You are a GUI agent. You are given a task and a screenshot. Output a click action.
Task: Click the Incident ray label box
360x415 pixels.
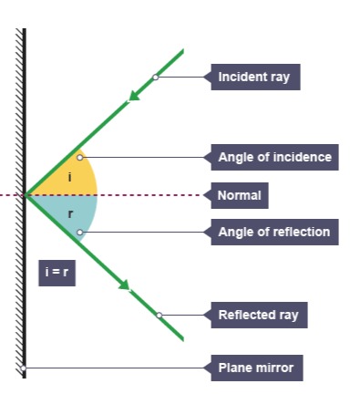[x=254, y=78]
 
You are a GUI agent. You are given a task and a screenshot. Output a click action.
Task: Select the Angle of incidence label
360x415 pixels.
[x=274, y=157]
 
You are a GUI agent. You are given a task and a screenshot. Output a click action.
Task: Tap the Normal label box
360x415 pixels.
[x=240, y=195]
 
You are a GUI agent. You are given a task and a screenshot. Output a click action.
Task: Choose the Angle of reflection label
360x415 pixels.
[x=273, y=232]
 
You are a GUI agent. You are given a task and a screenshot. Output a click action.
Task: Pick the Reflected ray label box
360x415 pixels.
[x=258, y=316]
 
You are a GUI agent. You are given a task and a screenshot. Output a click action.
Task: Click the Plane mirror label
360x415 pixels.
[x=256, y=368]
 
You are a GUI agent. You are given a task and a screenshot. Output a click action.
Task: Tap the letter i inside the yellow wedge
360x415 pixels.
[x=69, y=176]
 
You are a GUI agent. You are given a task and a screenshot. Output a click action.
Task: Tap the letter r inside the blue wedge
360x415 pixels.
[x=70, y=214]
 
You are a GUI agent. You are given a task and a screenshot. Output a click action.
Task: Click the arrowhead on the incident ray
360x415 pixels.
[x=136, y=95]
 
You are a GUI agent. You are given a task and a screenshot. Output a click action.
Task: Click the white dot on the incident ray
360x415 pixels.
[x=155, y=78]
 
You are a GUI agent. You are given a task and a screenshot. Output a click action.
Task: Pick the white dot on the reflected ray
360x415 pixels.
[x=159, y=316]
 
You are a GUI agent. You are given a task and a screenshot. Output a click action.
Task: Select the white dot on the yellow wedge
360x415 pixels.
[x=79, y=157]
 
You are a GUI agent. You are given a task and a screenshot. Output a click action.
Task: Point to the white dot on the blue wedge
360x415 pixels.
[x=79, y=233]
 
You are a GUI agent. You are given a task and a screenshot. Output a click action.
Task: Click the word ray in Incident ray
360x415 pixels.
[x=278, y=78]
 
